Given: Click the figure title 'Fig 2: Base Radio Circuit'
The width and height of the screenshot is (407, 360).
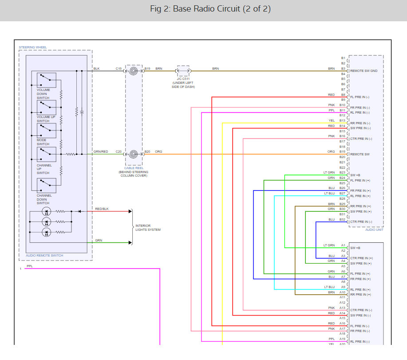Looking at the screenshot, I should (x=203, y=9).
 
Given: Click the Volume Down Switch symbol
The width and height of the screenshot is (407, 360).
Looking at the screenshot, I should (x=46, y=80).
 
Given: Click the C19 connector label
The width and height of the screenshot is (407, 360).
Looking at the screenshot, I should (x=119, y=69).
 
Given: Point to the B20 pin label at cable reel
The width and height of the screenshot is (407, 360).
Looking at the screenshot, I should (x=147, y=152).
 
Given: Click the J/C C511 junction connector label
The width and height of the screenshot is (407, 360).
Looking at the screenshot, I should (x=183, y=79).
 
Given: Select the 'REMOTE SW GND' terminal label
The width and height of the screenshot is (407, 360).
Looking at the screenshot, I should (x=364, y=71).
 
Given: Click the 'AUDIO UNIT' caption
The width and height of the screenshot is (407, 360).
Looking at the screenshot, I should (x=374, y=230).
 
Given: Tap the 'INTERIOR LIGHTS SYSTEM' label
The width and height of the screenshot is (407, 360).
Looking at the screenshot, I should (x=148, y=228).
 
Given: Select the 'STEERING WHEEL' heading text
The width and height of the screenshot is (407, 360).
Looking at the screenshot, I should (x=32, y=47).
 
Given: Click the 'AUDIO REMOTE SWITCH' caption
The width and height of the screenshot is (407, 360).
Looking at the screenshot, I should (x=44, y=256).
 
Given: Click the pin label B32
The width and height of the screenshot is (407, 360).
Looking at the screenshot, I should (x=343, y=220).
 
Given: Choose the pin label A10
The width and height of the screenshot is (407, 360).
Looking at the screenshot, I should (x=343, y=292).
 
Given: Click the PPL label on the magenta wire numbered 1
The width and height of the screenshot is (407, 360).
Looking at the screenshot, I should (x=29, y=266).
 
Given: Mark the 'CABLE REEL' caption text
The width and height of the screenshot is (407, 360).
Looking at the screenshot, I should (x=133, y=168).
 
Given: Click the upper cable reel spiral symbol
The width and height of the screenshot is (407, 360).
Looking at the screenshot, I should (x=133, y=71).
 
